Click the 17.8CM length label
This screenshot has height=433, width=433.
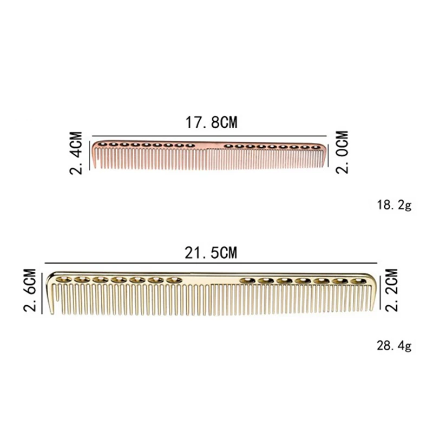[211, 122]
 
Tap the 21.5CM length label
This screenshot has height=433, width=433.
[211, 253]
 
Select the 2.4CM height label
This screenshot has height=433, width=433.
[76, 153]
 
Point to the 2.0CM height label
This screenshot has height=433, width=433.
[342, 152]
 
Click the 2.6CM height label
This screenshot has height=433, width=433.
[30, 290]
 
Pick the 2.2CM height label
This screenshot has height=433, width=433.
[391, 290]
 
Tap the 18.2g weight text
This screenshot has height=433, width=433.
[394, 205]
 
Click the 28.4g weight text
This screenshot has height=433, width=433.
[394, 345]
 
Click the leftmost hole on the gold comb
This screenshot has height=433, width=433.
[64, 280]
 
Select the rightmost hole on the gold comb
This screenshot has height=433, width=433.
[358, 281]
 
